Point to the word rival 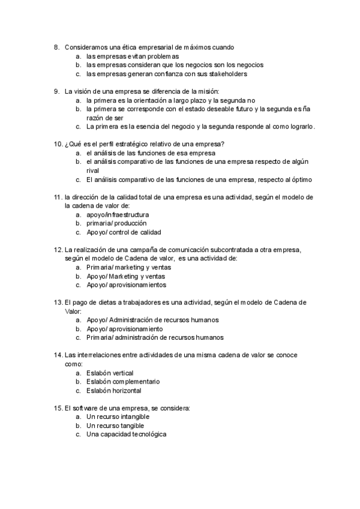pyautogui.click(x=93, y=170)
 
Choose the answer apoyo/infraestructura pyautogui.click(x=118, y=214)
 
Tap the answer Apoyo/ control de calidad pyautogui.click(x=123, y=232)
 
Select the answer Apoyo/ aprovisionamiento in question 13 pyautogui.click(x=124, y=329)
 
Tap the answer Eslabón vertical pyautogui.click(x=110, y=373)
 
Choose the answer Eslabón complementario pyautogui.click(x=122, y=382)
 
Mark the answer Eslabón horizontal pyautogui.click(x=113, y=391)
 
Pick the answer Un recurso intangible pyautogui.click(x=118, y=417)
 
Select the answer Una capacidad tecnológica pyautogui.click(x=126, y=435)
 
